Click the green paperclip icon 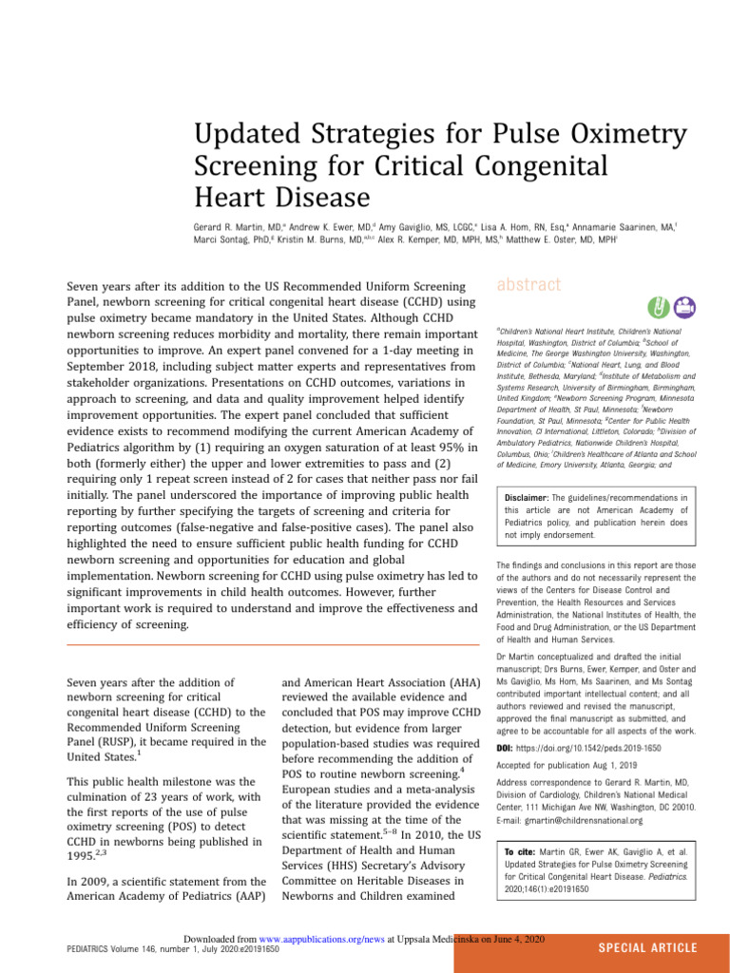[656, 307]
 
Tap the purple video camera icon [683, 307]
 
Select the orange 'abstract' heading [529, 284]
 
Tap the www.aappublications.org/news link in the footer [321, 938]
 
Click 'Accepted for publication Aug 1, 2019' [567, 765]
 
